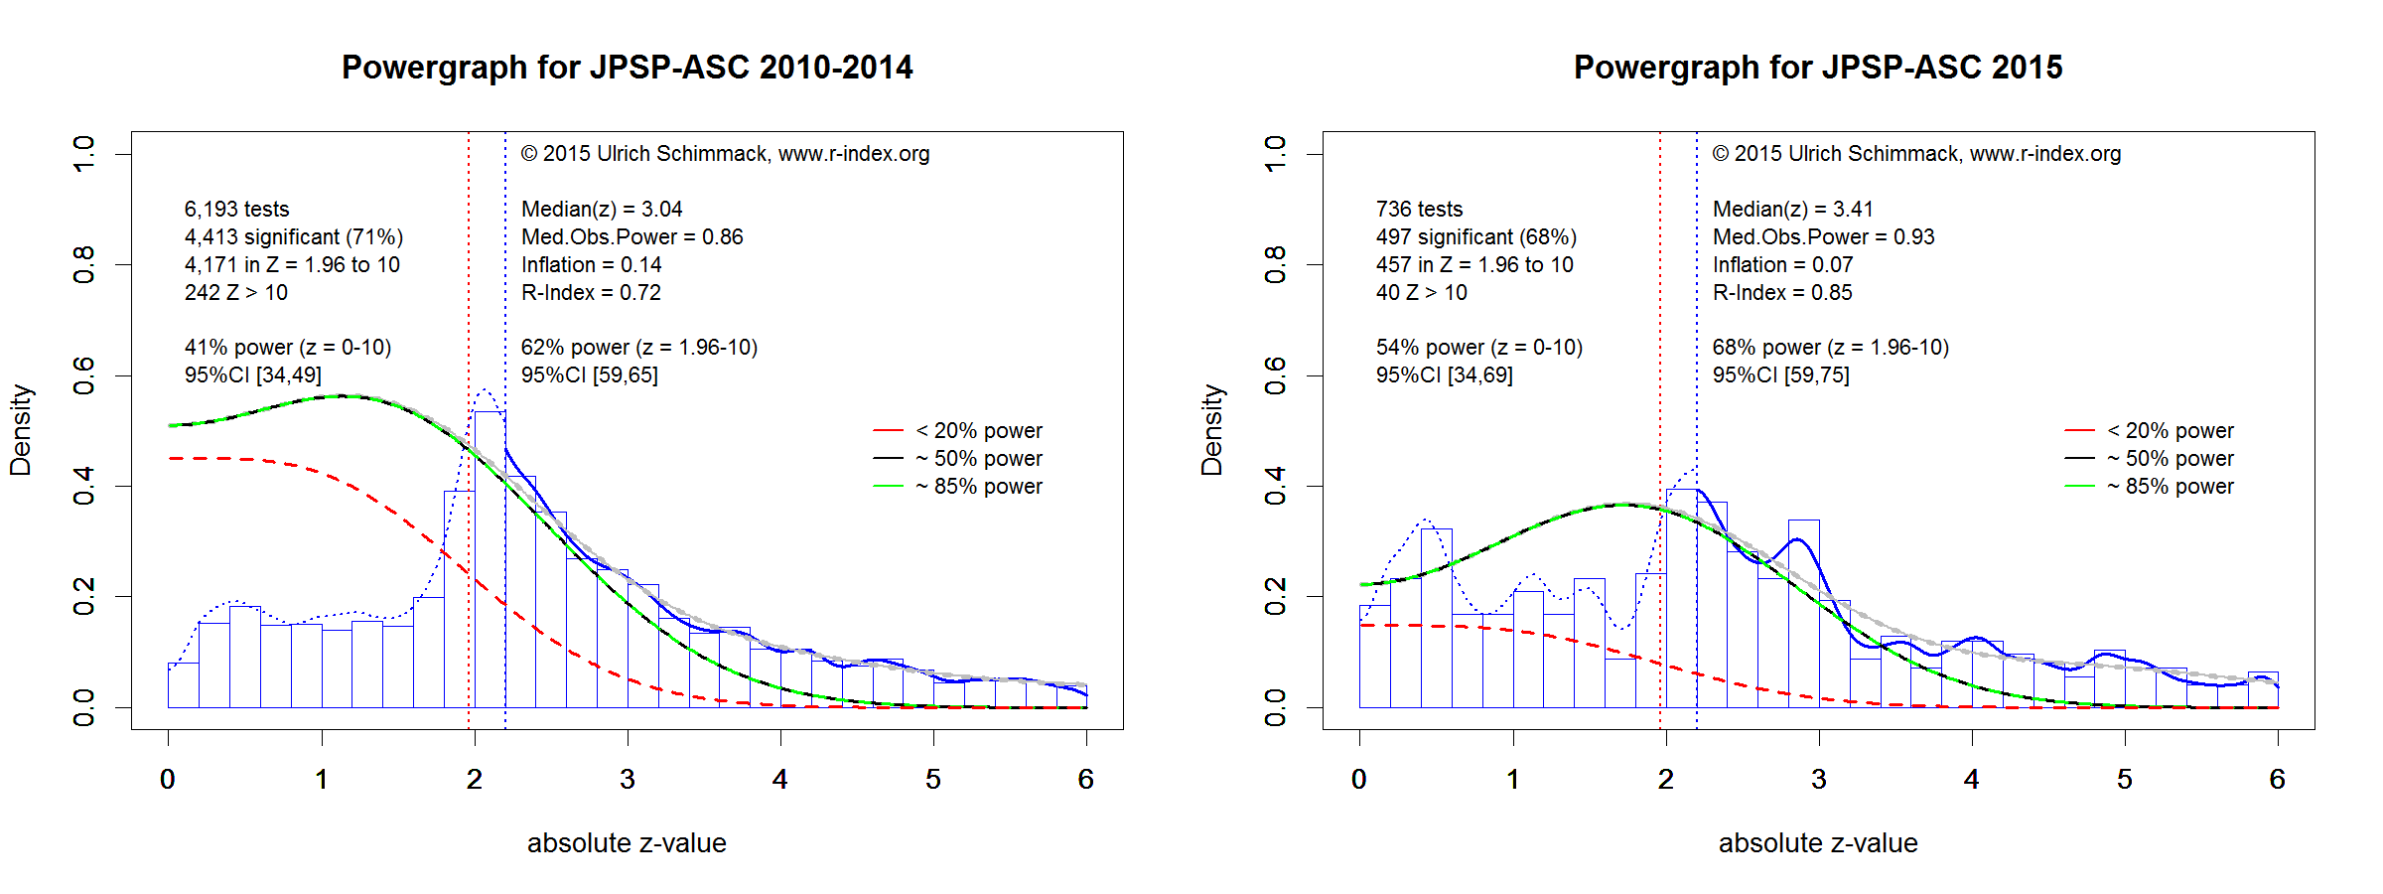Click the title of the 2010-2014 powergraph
coord(627,68)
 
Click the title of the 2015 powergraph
coord(1818,68)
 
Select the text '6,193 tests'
coord(236,210)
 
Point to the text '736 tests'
coord(1419,210)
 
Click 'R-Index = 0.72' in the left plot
coord(591,293)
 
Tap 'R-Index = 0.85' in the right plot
coord(1782,293)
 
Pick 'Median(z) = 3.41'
coord(1792,210)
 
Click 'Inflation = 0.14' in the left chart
coord(591,265)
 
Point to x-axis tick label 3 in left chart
coord(628,780)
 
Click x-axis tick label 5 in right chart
coord(2125,780)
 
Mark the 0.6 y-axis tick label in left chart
coord(84,375)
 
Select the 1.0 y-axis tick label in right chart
coord(1276,154)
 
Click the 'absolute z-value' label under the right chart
coord(1818,843)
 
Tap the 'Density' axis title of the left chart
coord(21,430)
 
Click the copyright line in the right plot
coord(1916,154)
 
